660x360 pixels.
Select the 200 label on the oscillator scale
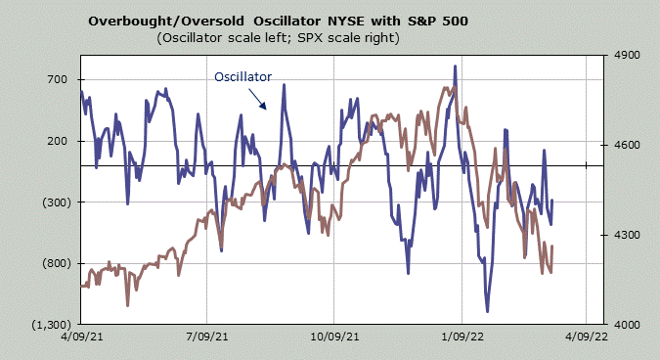click(x=58, y=141)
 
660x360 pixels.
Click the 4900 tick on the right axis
click(x=627, y=55)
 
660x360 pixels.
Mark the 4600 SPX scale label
click(x=627, y=145)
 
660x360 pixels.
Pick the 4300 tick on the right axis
click(x=627, y=235)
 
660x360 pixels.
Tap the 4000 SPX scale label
click(x=627, y=325)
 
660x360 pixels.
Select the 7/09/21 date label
click(x=207, y=337)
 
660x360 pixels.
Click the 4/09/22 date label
click(x=587, y=337)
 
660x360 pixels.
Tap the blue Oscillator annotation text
click(x=242, y=77)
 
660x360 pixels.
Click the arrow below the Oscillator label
click(x=257, y=99)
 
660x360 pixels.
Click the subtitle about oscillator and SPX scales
click(x=279, y=38)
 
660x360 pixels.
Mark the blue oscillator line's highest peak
click(x=455, y=67)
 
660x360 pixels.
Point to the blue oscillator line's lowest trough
click(x=488, y=311)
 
